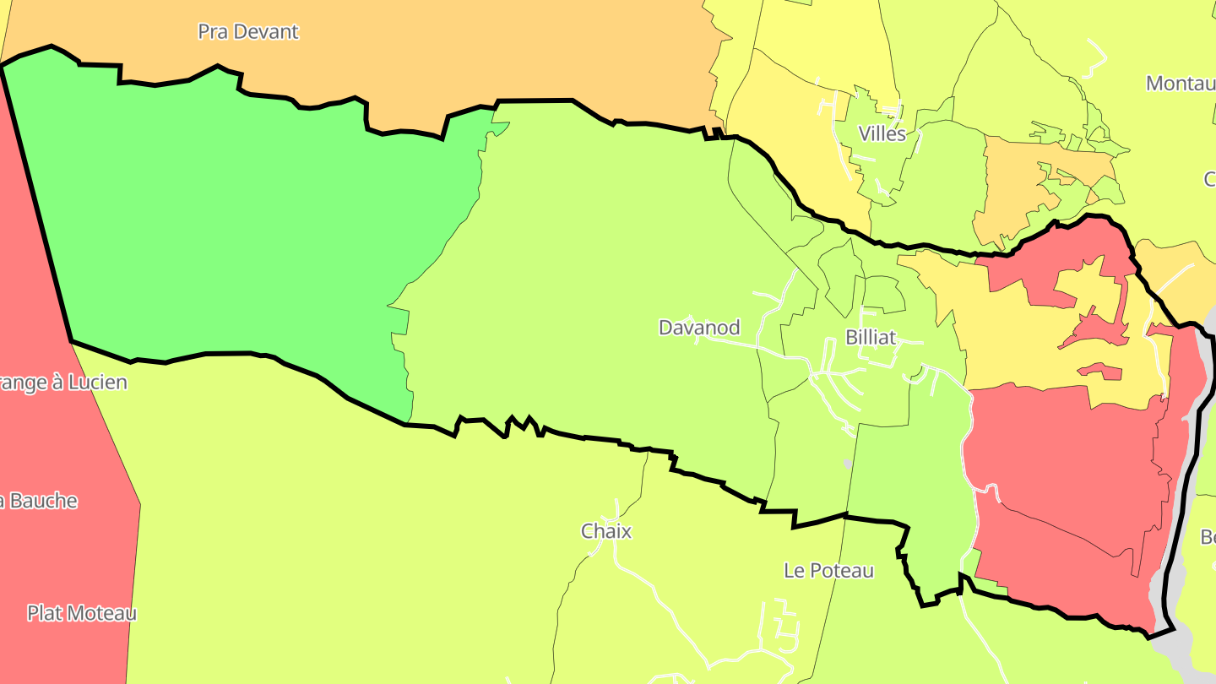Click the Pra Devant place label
248,32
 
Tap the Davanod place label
699,328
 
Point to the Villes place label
882,133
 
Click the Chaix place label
606,531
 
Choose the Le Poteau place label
828,571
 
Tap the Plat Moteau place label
81,613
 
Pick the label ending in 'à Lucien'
63,383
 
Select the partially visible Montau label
1180,84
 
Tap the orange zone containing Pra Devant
507,51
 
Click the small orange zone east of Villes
1013,186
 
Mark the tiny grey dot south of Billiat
848,464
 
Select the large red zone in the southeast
1064,481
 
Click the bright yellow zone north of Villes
811,34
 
